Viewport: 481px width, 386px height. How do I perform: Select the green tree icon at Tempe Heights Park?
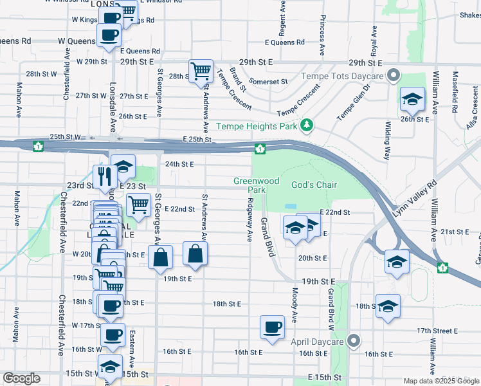[308, 124]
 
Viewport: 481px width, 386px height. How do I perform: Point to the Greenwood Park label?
[256, 185]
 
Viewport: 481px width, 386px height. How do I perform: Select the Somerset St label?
[268, 82]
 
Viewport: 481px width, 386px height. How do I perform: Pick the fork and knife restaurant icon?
[104, 176]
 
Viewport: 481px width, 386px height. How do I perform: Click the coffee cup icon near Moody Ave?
[272, 327]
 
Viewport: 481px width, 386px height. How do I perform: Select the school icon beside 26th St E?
[412, 99]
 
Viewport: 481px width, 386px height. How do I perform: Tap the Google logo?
[21, 378]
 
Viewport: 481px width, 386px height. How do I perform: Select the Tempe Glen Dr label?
[354, 104]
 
